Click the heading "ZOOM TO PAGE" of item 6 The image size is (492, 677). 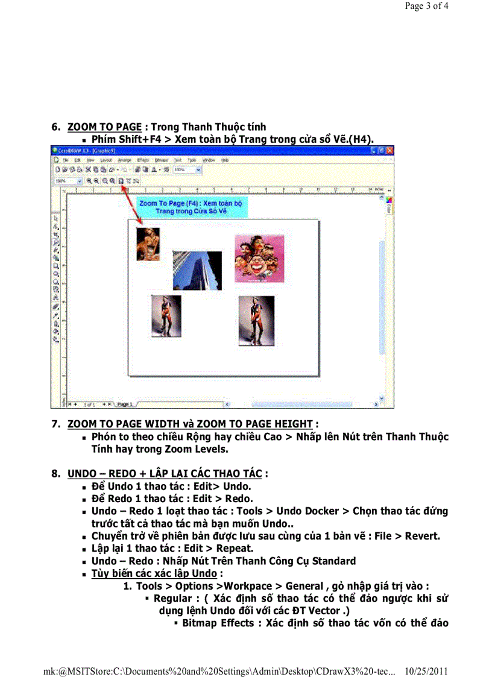104,127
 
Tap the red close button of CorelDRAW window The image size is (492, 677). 389,150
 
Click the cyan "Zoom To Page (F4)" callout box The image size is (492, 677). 191,207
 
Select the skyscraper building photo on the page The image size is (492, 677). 197,270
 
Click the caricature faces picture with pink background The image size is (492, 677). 259,259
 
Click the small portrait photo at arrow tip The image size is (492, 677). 148,244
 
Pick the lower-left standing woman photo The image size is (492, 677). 166,315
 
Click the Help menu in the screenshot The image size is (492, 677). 224,160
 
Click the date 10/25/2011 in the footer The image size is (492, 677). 427,671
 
